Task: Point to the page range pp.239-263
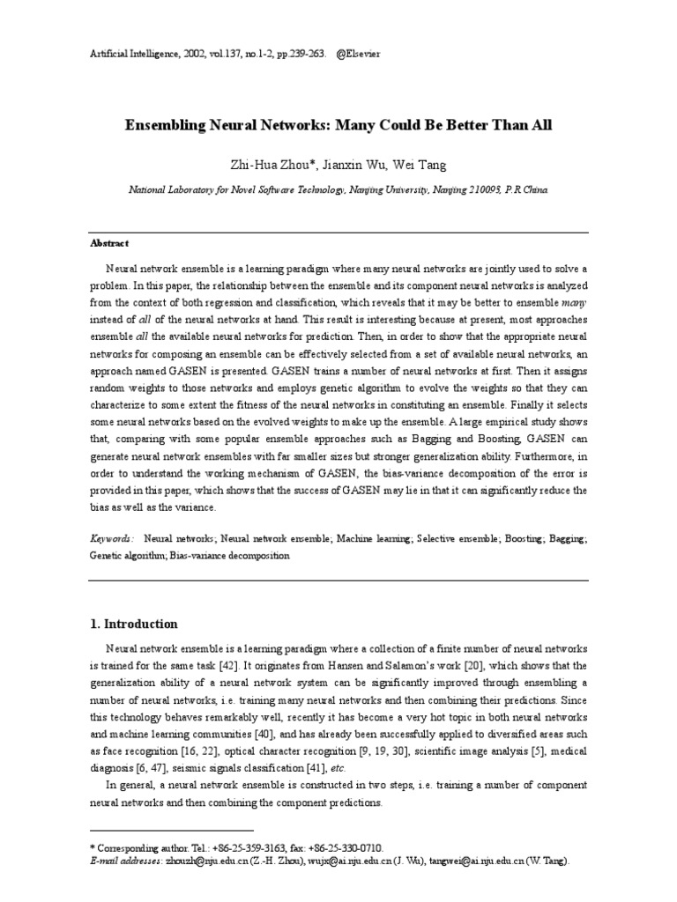tap(290, 53)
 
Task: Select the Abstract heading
tap(110, 243)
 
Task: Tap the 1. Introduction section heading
tap(134, 624)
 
